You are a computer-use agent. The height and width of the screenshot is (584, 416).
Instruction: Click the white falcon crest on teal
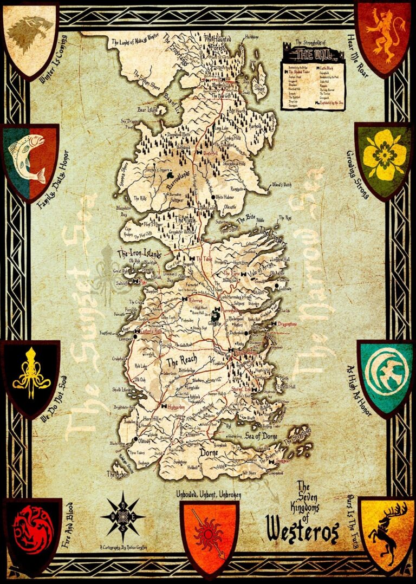click(385, 372)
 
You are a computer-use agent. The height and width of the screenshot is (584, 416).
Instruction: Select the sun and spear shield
click(209, 533)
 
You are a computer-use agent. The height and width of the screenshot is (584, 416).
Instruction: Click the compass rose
click(123, 511)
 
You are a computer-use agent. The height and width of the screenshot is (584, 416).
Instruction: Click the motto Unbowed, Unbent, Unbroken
click(209, 494)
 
